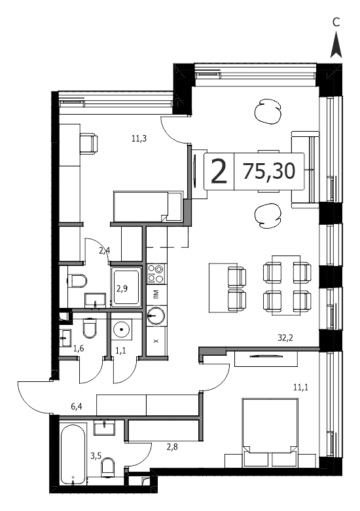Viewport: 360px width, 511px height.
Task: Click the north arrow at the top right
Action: [x=336, y=45]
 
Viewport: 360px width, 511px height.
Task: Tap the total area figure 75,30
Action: [x=269, y=172]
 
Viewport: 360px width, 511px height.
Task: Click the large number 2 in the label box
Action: [x=219, y=172]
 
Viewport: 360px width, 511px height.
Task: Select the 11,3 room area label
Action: [x=139, y=138]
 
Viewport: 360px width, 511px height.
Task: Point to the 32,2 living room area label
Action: [x=285, y=338]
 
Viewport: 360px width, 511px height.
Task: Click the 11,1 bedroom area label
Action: [x=300, y=387]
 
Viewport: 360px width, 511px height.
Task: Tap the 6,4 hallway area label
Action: [x=76, y=406]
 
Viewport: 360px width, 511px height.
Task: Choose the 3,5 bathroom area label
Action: [x=96, y=455]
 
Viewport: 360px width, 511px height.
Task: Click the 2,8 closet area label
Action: [x=172, y=447]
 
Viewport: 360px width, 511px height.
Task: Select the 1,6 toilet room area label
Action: [x=79, y=349]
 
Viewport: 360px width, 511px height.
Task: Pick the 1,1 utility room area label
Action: [x=120, y=350]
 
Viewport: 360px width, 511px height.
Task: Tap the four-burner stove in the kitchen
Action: [x=156, y=273]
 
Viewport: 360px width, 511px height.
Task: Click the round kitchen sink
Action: [x=156, y=316]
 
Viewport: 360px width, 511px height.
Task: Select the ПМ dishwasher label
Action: [x=156, y=294]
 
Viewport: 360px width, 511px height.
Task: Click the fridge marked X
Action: [x=156, y=341]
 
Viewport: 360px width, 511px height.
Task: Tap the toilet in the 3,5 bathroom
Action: [x=109, y=466]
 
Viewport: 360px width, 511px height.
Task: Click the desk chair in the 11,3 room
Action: [x=88, y=143]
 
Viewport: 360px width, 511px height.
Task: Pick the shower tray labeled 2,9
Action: [x=126, y=287]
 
